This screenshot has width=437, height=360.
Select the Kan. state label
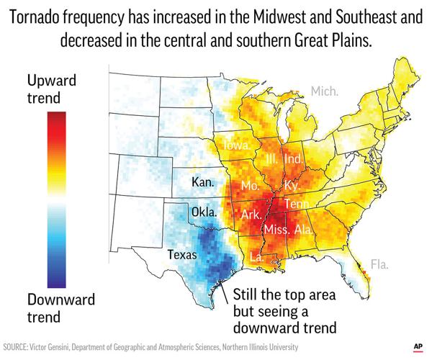(204, 183)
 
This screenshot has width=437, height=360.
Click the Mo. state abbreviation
(250, 186)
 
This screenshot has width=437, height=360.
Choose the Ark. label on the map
(251, 215)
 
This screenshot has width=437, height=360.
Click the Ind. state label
(293, 158)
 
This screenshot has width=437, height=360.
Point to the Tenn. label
(297, 204)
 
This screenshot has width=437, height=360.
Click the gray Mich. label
(323, 91)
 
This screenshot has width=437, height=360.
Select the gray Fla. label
(379, 264)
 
